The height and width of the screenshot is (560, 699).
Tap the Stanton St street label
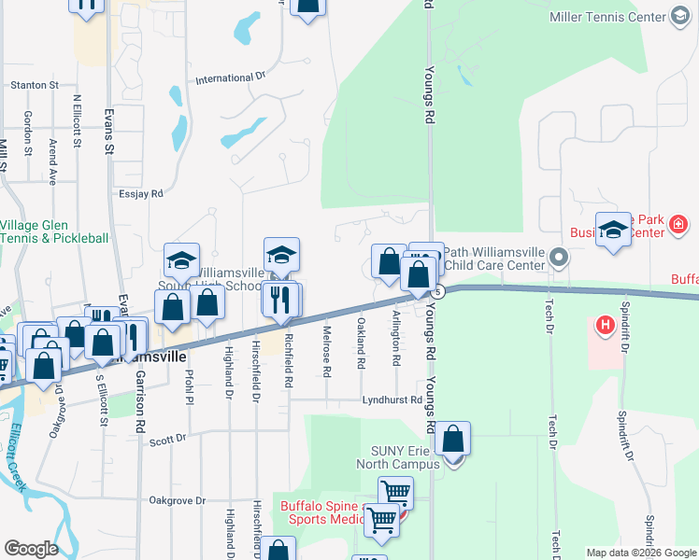[35, 85]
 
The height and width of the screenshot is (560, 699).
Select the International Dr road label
[231, 79]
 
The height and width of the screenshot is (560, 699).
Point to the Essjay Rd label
[141, 194]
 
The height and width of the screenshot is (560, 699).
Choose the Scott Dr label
[168, 437]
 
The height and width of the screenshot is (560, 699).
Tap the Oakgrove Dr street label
[175, 500]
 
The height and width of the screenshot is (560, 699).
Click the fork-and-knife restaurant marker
[282, 299]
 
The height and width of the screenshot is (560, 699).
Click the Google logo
[32, 549]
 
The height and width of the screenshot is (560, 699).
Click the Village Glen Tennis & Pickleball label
[54, 231]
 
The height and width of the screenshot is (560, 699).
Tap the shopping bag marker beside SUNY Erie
[452, 439]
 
